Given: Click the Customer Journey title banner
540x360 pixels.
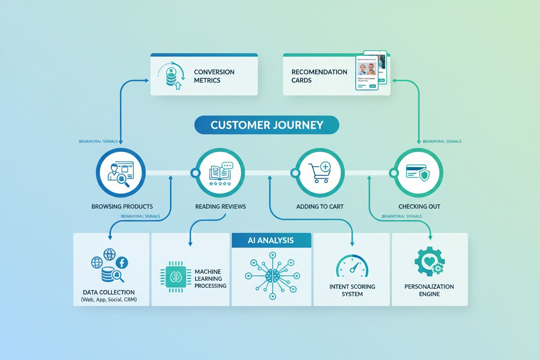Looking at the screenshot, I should [267, 125].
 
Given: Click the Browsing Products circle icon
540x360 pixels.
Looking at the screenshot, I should [121, 173].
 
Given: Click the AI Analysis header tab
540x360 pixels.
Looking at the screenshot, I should [271, 241].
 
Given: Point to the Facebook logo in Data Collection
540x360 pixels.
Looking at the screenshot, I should [121, 262].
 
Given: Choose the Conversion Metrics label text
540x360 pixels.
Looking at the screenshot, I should [214, 76].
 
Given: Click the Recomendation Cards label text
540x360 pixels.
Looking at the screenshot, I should [319, 76].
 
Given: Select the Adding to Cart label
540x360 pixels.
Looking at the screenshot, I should [320, 206].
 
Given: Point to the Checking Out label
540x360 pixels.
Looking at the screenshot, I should [419, 206].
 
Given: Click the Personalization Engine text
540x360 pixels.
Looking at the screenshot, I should [429, 290].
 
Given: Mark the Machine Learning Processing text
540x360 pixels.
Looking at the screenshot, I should [210, 279].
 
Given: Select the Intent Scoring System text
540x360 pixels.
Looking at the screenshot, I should [352, 290].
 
